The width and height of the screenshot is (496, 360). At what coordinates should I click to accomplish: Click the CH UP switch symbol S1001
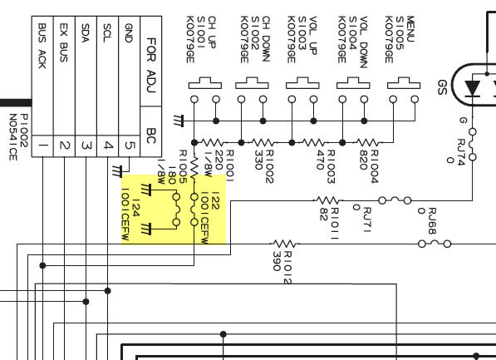coord(205,91)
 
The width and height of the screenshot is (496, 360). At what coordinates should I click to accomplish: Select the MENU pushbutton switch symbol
coord(404,91)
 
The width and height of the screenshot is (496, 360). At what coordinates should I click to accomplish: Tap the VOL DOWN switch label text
coord(363,42)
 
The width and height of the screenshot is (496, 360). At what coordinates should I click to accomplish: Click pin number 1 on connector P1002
coord(42,145)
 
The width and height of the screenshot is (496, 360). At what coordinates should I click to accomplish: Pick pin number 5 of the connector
coord(130,145)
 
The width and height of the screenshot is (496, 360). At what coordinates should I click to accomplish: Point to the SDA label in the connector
coord(85,32)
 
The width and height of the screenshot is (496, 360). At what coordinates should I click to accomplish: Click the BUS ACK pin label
coord(42,46)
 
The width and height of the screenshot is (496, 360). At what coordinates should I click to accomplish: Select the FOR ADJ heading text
coord(151,65)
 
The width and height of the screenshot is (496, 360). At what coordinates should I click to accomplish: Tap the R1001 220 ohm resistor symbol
coord(212,142)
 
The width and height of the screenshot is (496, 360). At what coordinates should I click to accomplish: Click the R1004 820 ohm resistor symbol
coord(367,142)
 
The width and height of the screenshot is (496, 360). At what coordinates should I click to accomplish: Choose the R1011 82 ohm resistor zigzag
coord(328,200)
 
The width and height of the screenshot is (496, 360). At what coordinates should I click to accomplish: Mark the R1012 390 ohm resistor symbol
coord(284,244)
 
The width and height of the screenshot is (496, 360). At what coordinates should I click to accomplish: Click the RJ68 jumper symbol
coord(435,244)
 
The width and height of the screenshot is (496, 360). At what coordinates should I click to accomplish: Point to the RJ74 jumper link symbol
coord(472,145)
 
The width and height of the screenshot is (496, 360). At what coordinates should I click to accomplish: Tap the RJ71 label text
coord(366,220)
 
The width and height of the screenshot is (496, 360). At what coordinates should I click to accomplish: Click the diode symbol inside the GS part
coord(472,88)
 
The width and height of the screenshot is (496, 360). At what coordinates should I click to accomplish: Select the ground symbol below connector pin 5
coord(118,171)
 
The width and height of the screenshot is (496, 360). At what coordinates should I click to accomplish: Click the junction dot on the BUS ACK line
coord(42,265)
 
